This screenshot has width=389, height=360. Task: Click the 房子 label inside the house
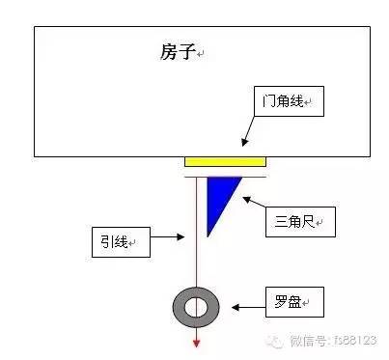click(x=178, y=51)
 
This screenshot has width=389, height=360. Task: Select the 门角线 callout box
click(x=289, y=101)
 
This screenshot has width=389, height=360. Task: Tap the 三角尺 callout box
click(x=300, y=222)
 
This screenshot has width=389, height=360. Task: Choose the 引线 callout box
click(x=121, y=242)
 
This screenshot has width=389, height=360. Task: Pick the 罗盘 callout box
click(x=294, y=302)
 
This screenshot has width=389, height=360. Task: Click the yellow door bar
click(x=225, y=162)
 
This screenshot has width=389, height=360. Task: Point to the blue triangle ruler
click(x=219, y=196)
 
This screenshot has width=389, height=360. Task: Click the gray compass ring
click(x=179, y=307)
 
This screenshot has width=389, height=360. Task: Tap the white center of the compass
click(x=196, y=307)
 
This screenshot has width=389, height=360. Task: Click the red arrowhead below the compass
click(x=196, y=344)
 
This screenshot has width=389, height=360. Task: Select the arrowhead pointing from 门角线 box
click(x=245, y=142)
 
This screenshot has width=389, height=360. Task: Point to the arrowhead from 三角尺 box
click(x=247, y=200)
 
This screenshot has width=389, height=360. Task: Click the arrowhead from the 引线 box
click(x=181, y=237)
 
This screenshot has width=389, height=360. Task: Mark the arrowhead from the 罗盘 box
click(x=236, y=308)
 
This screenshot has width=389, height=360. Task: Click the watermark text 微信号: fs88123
click(x=333, y=341)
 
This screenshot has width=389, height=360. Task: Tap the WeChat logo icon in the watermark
click(x=274, y=341)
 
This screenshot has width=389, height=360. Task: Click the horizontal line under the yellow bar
click(x=225, y=177)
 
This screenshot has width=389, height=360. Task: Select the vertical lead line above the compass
click(x=196, y=232)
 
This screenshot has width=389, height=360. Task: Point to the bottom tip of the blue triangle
click(x=208, y=237)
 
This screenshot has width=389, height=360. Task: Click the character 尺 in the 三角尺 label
click(x=307, y=222)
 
